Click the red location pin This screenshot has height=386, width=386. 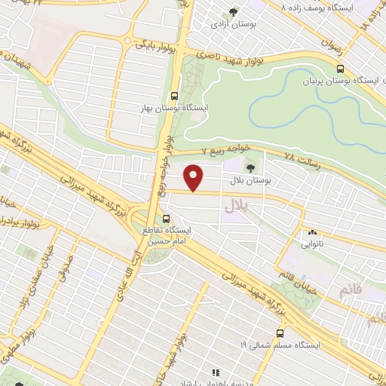coord(195,178)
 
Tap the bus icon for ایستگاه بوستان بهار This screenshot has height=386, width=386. coord(175,96)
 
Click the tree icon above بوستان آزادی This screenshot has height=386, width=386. coord(234,12)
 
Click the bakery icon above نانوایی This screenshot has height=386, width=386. coord(312,232)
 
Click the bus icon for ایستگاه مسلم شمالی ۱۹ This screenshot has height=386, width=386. coord(280,332)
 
